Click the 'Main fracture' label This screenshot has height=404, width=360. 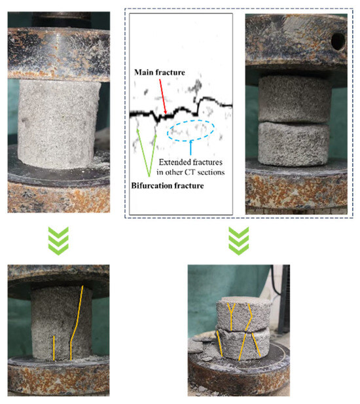pos(160,73)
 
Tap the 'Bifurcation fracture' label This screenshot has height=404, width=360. pos(168,186)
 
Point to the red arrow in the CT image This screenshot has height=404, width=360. pos(163,96)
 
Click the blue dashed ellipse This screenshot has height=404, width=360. pos(190,130)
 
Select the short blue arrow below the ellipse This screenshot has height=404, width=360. pos(190,147)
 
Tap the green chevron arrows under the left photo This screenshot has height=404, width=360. pos(58,241)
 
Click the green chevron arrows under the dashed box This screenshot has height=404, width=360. pos(239,241)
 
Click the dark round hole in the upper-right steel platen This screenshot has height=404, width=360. pos(338,41)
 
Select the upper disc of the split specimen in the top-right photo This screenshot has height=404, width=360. pos(295,99)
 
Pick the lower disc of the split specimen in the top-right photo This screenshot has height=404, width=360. pos(293,144)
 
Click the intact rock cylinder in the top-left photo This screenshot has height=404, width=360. pos(59,124)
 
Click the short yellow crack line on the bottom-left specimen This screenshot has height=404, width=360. pos(54,348)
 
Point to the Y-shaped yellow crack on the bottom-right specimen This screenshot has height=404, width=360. pos(231,316)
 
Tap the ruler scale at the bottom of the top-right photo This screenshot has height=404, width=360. pos(296,210)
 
